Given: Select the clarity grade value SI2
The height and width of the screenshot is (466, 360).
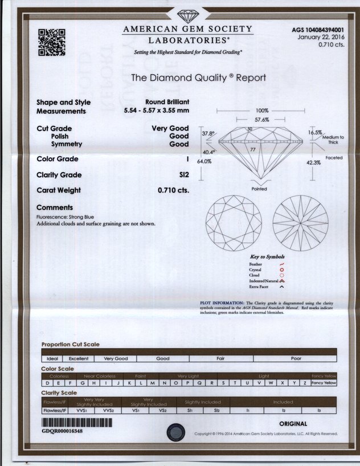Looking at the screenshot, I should [183, 175].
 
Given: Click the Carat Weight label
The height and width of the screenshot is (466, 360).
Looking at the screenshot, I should [59, 190].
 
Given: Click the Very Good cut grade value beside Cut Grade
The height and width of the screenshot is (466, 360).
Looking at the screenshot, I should [170, 129].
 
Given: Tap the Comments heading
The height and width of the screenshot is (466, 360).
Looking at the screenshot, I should [55, 207].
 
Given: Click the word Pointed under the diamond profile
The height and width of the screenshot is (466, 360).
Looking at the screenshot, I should [259, 189].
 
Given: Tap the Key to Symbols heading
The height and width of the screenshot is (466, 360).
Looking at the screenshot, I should [267, 257].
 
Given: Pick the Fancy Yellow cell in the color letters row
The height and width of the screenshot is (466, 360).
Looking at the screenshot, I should [324, 383].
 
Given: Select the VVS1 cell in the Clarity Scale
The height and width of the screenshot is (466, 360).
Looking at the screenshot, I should [81, 410].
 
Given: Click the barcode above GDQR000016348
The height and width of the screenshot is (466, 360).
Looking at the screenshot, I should [77, 423].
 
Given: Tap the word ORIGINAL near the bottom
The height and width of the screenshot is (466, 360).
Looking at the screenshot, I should [293, 424].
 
